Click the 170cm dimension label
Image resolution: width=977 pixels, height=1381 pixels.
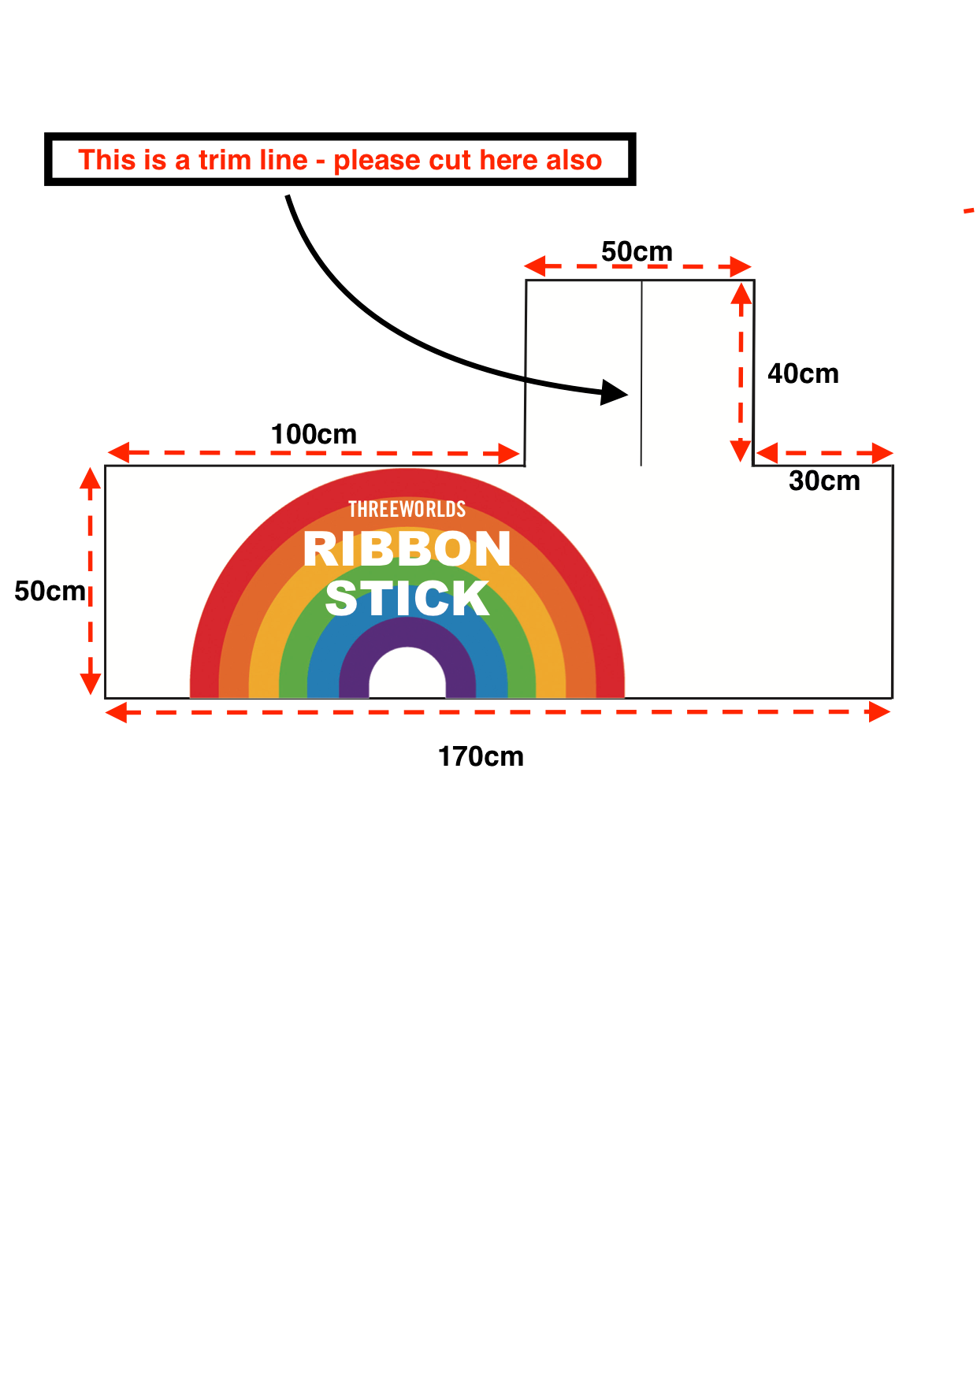(481, 756)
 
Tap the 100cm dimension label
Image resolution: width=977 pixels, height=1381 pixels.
(314, 434)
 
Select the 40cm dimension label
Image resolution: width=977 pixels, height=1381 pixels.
(803, 373)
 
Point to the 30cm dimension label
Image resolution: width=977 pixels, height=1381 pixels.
(824, 481)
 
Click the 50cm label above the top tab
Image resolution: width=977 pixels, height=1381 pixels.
(637, 251)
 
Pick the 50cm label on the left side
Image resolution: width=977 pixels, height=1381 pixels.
(50, 591)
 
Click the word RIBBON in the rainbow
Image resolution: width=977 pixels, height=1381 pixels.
(407, 548)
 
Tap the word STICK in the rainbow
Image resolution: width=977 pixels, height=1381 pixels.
(407, 599)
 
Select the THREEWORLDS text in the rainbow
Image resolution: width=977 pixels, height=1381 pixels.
(407, 510)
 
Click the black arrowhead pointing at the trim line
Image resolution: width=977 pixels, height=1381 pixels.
(615, 392)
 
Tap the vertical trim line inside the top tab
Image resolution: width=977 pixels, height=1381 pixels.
(641, 373)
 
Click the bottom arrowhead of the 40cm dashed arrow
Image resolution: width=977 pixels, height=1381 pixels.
(741, 451)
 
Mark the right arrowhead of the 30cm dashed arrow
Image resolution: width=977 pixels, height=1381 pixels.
(882, 453)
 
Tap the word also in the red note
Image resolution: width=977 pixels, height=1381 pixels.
(574, 160)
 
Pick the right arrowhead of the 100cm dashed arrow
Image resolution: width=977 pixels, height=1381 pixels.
(511, 454)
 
